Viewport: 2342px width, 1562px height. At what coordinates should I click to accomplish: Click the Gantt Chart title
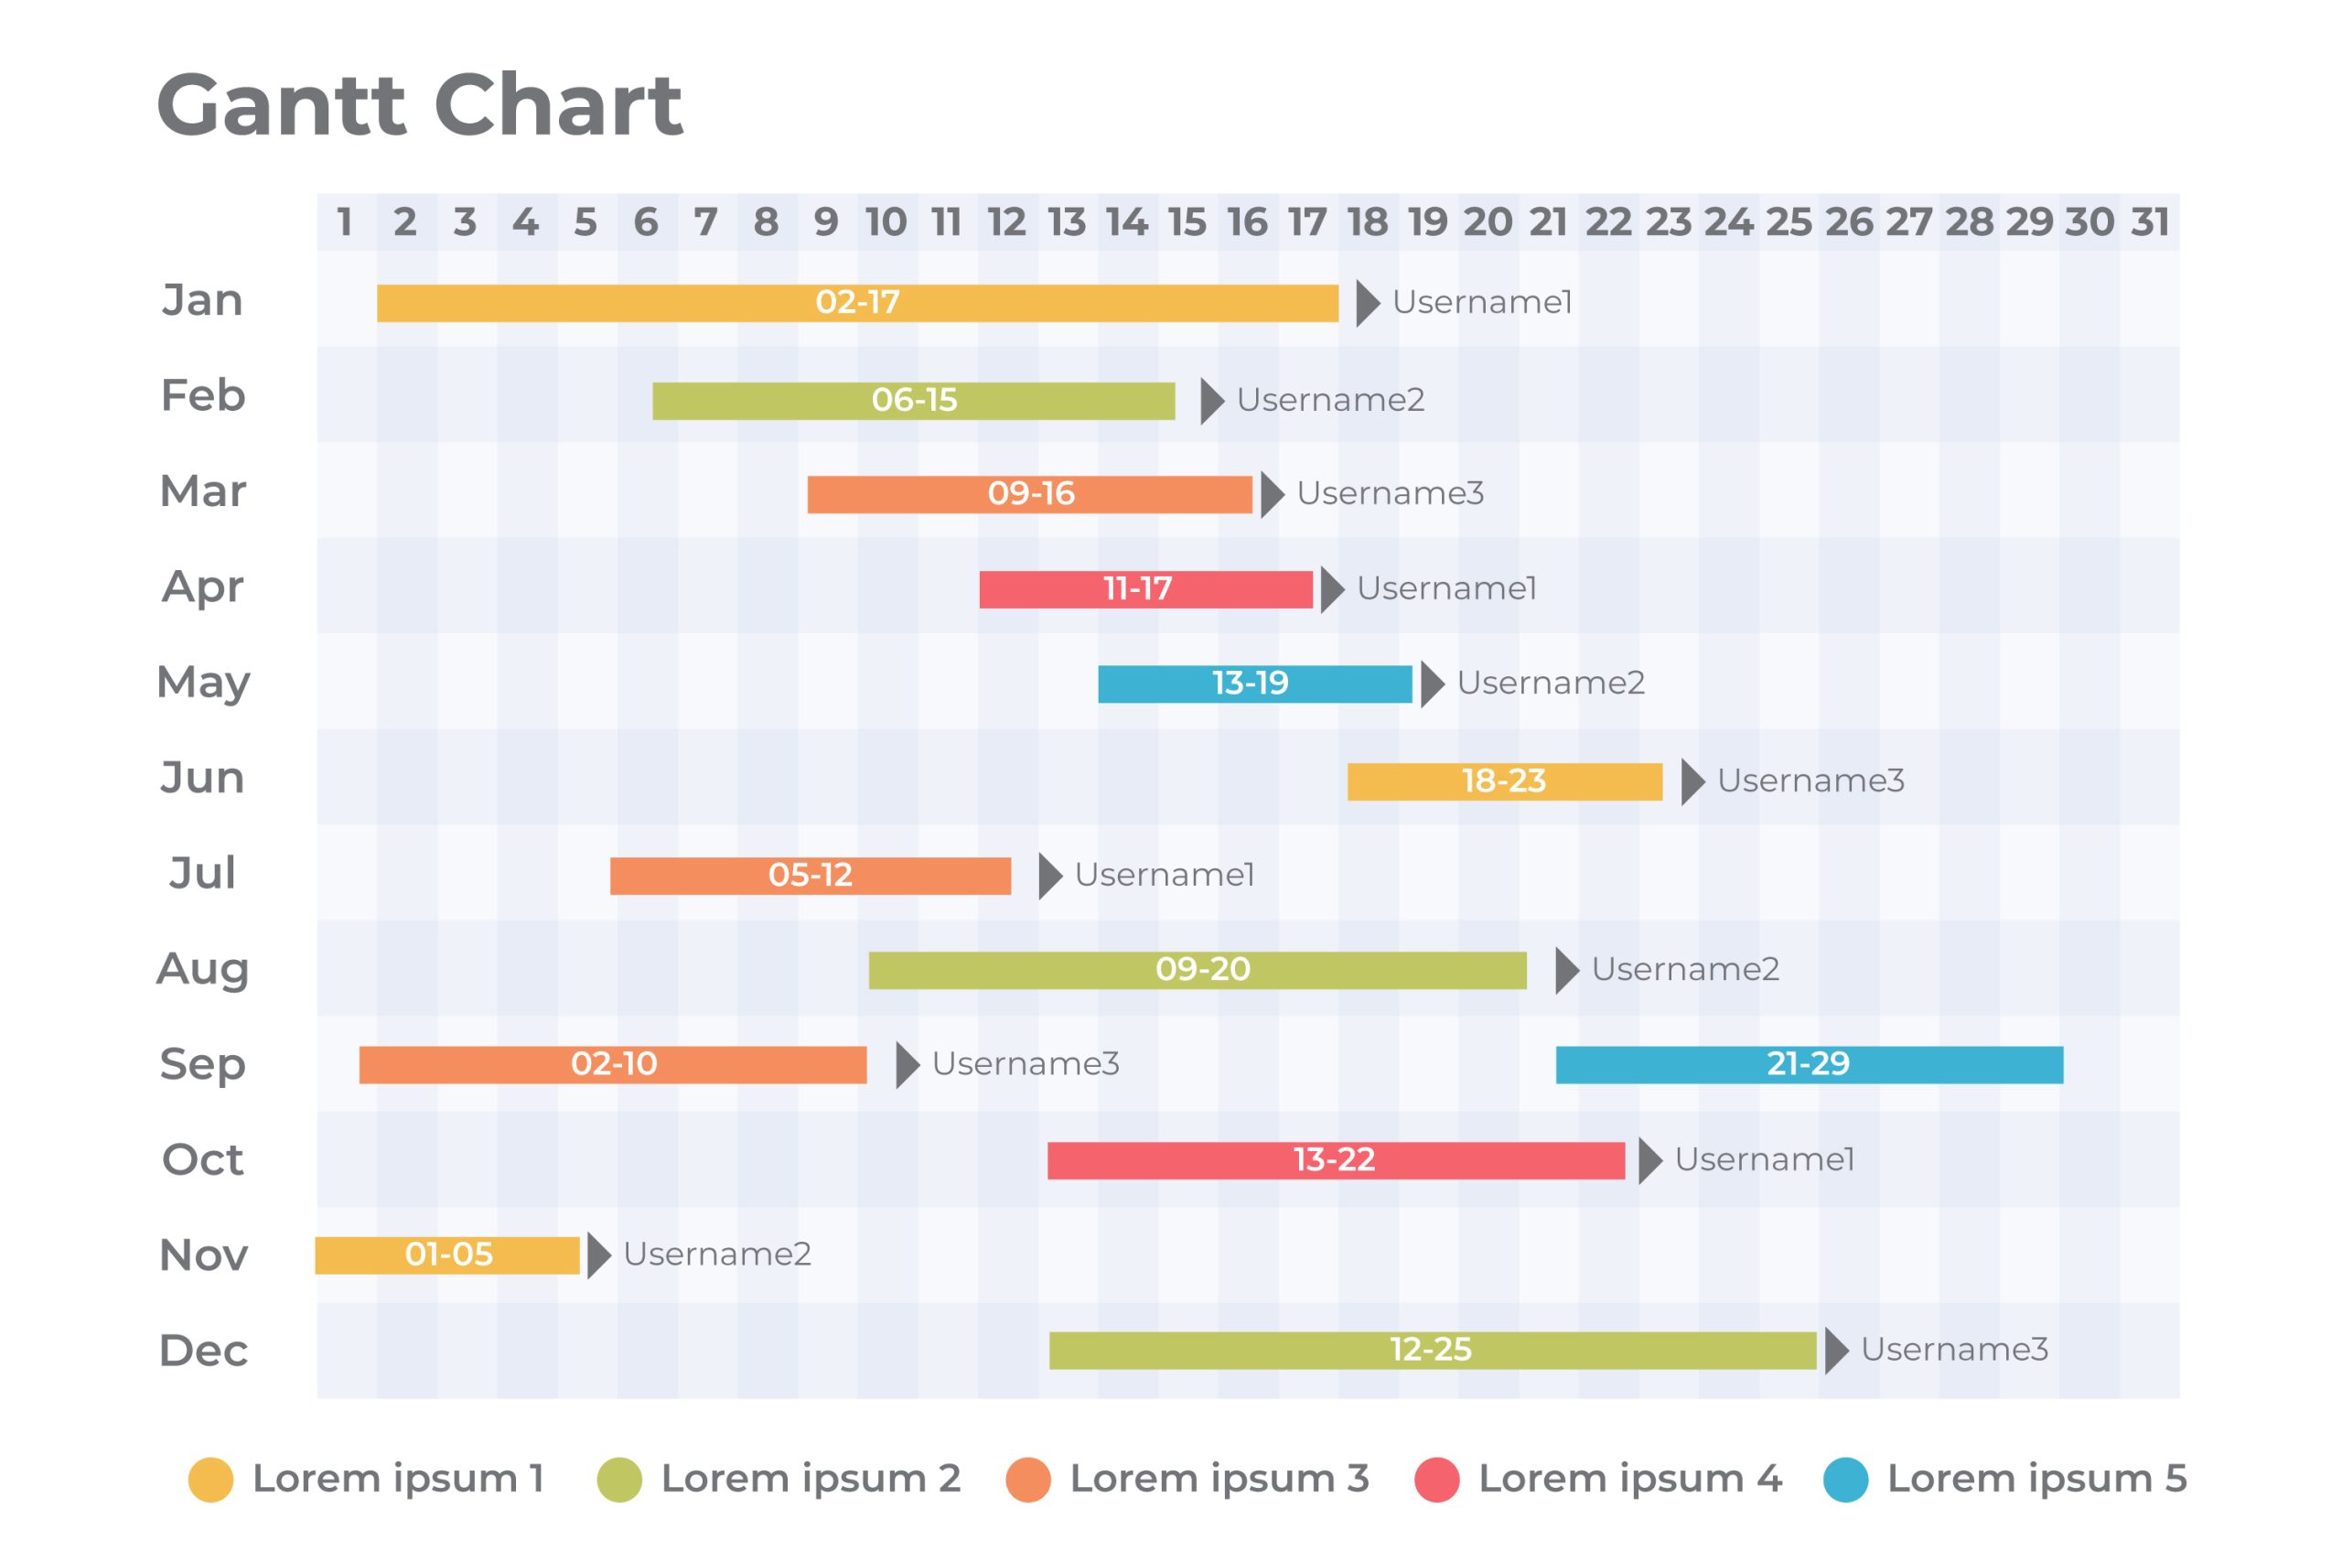[419, 104]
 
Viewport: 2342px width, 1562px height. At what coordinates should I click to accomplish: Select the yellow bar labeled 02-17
[856, 303]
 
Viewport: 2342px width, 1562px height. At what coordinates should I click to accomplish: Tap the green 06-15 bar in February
[913, 401]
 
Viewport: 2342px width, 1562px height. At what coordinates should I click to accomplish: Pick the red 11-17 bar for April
[1145, 588]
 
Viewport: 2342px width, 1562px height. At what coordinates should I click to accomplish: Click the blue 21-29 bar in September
[1809, 1064]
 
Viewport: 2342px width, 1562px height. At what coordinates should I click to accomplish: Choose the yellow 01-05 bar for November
[447, 1255]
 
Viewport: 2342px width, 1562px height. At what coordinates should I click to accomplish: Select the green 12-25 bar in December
[1432, 1350]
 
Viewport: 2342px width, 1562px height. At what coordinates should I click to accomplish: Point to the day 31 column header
[2149, 222]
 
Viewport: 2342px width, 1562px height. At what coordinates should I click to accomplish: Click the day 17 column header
[1306, 222]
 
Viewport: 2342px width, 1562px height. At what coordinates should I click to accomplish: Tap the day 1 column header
[345, 222]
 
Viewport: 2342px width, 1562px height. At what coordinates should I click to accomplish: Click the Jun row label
[202, 777]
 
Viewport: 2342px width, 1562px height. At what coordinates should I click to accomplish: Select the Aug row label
[202, 968]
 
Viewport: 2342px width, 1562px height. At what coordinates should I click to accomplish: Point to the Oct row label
[202, 1159]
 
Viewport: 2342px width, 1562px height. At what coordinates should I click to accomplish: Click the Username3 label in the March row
[1390, 493]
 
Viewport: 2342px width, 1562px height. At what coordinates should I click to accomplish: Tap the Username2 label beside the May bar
[1551, 684]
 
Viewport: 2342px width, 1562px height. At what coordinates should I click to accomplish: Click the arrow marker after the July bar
[1049, 876]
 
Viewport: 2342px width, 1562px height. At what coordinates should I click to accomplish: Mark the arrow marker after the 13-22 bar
[1649, 1160]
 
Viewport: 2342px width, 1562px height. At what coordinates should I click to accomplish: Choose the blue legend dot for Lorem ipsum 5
[1845, 1480]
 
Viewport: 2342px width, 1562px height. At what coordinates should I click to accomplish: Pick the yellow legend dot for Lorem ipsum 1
[211, 1480]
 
